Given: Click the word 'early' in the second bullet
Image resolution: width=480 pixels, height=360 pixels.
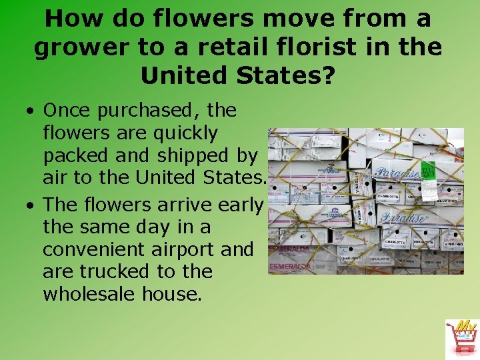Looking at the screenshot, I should point(237,204).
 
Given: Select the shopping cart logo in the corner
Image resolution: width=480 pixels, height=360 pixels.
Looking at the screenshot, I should point(461,337).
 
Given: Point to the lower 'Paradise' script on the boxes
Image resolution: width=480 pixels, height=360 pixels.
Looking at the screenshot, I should point(403,218).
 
